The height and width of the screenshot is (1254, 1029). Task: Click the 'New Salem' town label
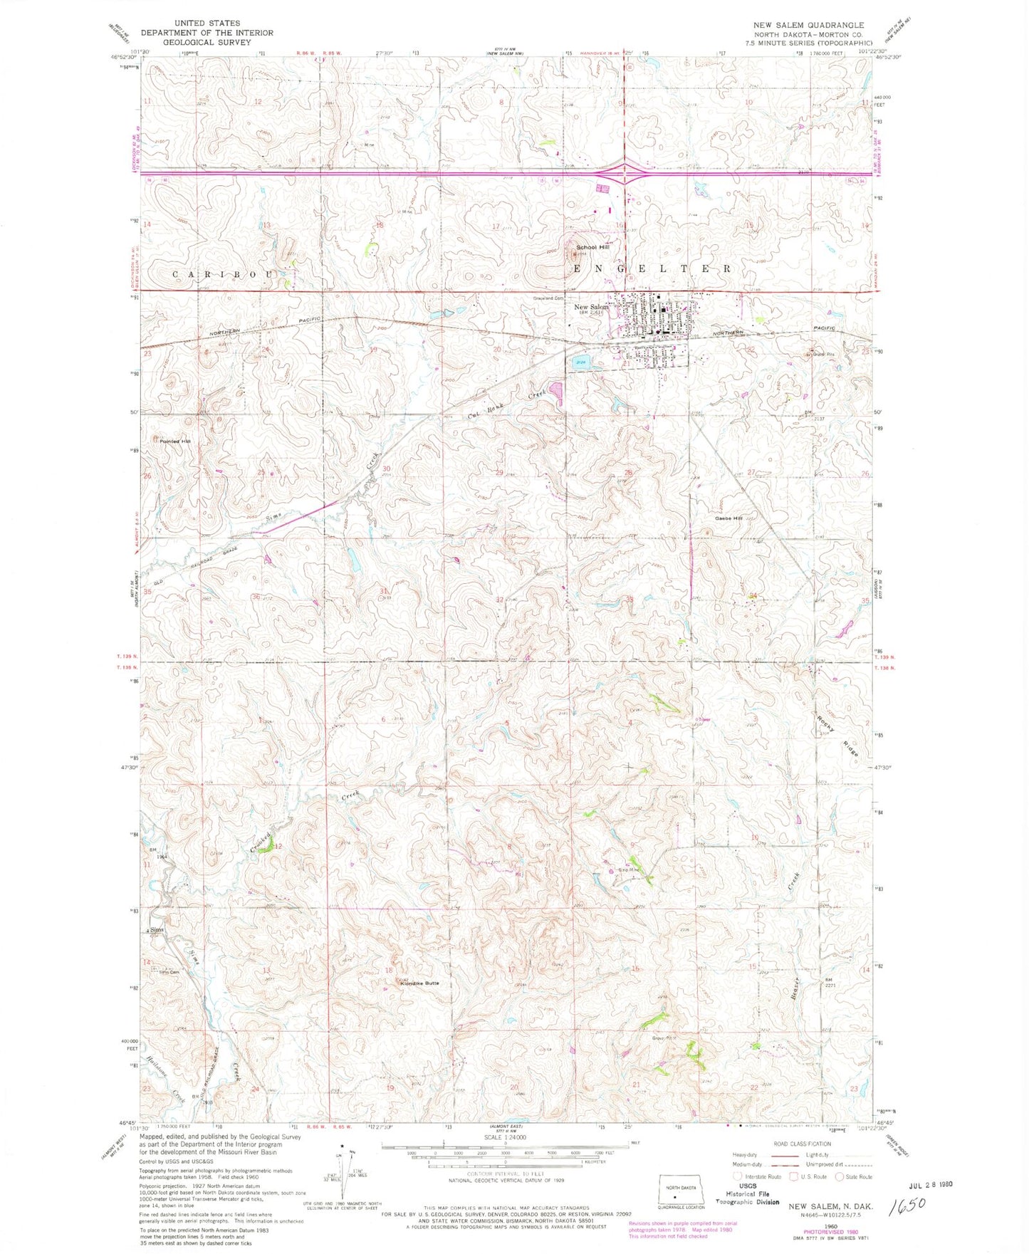[590, 307]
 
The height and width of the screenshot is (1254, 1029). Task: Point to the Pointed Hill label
[175, 441]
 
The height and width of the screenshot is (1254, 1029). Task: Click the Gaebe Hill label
[729, 518]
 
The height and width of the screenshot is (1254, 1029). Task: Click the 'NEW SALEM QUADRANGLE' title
[808, 25]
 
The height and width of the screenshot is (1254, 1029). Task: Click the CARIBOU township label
[224, 274]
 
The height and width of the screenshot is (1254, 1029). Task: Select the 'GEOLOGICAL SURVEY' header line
[207, 42]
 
